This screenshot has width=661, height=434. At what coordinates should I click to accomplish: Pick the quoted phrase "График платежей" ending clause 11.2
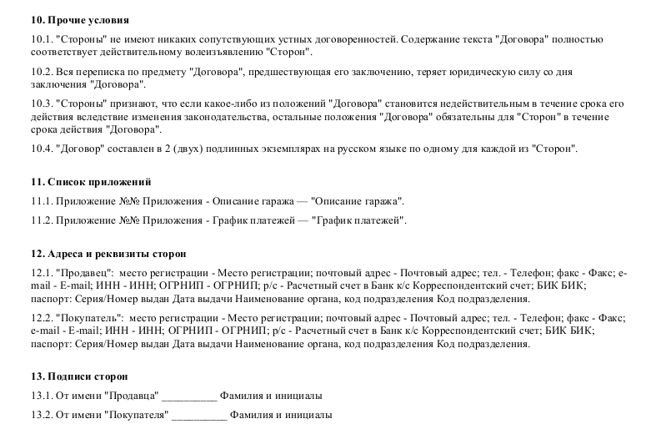358,221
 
